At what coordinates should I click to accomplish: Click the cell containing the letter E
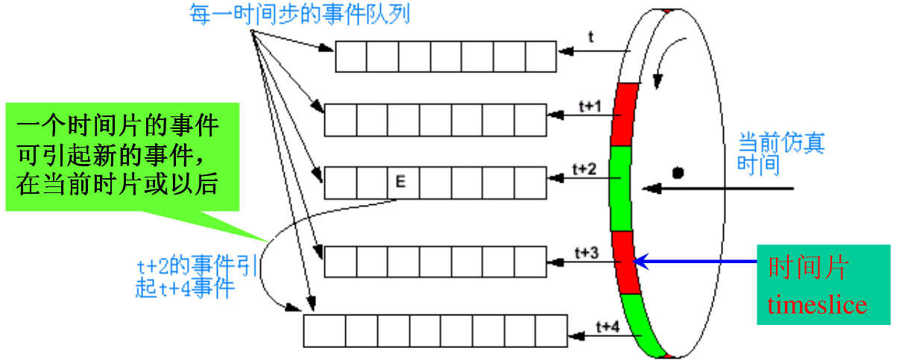(x=400, y=182)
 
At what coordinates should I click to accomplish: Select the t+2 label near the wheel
(x=584, y=169)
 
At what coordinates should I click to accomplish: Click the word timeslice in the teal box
(x=818, y=306)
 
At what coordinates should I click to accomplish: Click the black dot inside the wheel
(x=678, y=174)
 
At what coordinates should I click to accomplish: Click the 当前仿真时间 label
(x=781, y=153)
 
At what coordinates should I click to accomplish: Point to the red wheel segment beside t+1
(x=621, y=119)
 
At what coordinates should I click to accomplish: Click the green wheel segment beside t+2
(x=620, y=187)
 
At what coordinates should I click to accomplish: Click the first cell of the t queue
(x=351, y=57)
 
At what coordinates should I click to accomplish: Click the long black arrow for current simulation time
(x=723, y=188)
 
